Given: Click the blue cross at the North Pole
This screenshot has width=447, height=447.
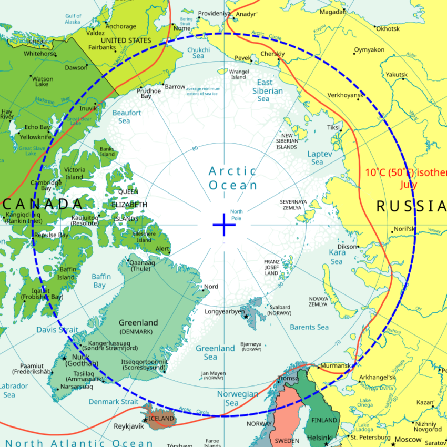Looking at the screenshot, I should coord(225,225).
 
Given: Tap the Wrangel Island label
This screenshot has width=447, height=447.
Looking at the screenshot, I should coord(239,74).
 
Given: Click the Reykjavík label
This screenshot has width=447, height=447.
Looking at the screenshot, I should coord(129,425).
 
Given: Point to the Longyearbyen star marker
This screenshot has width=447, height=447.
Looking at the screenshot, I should coord(246,317).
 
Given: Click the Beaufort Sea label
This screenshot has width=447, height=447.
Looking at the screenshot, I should coord(127,117).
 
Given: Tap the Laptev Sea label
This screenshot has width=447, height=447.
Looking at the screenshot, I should coord(319,158).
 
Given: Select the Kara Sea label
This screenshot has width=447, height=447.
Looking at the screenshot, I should coord(337,257).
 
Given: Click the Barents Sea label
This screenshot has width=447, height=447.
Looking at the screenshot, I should coord(309,327).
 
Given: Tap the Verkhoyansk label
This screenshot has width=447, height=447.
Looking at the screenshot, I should coord(346,95).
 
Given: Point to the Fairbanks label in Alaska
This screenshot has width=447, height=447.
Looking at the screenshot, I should coord(103,47).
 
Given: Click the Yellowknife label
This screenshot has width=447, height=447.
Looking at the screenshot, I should coord(35,137).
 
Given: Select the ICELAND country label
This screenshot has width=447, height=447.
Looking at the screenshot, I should coord(161,419).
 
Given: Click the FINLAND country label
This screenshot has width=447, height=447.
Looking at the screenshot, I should coord(324,420).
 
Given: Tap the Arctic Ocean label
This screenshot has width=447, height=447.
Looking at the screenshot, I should coord(233,178).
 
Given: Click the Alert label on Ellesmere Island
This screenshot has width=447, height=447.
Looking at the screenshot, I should coord(162,249).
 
